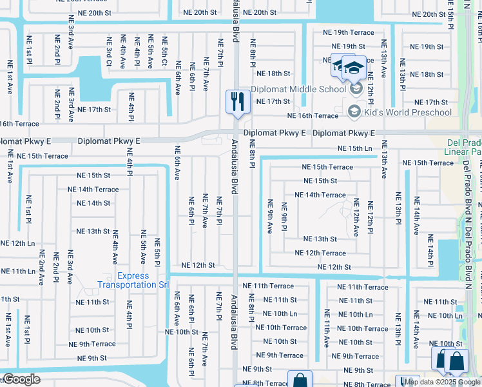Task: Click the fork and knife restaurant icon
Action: pos(238,102)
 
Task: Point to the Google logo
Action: pos(21,379)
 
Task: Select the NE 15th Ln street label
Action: pos(356,149)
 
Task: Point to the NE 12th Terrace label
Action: pos(320,253)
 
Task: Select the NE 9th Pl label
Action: pos(284,217)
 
